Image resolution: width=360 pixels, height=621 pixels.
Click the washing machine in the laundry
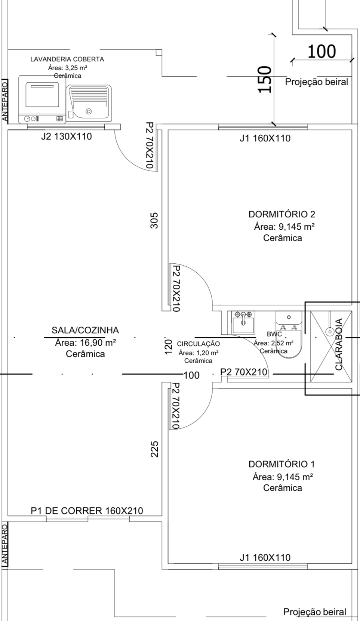click(42, 99)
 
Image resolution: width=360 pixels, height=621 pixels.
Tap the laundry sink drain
click(89, 111)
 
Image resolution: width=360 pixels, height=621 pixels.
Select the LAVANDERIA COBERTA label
click(67, 59)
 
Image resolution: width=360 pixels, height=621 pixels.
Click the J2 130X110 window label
click(66, 137)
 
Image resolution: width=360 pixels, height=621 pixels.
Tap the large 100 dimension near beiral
click(321, 51)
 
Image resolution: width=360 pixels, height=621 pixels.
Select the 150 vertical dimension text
click(265, 79)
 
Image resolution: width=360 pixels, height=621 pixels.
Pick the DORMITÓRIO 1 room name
click(282, 464)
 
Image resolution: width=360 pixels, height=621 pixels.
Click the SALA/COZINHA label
click(85, 330)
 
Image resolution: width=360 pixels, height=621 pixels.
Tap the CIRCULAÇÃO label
click(198, 344)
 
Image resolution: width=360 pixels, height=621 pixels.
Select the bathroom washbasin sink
click(243, 322)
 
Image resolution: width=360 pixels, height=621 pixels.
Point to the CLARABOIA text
click(339, 344)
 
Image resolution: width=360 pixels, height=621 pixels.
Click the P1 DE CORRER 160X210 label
click(87, 511)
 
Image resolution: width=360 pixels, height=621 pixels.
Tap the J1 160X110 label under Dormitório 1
click(265, 557)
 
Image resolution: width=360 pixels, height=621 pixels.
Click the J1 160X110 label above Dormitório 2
click(265, 138)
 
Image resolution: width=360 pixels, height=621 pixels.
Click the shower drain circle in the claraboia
click(330, 331)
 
